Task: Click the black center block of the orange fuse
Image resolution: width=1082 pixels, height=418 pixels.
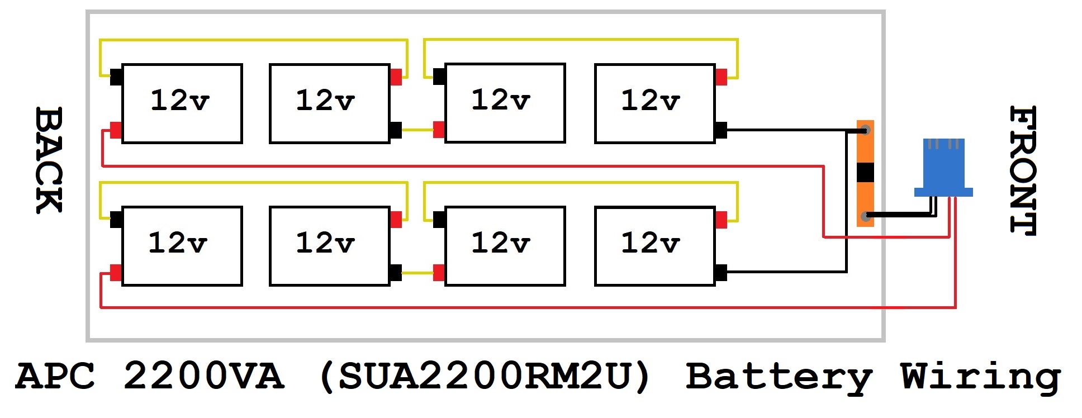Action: pyautogui.click(x=865, y=173)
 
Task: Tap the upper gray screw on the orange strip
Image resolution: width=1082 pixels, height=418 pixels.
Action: pyautogui.click(x=866, y=131)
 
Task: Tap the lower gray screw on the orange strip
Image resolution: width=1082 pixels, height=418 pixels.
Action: pyautogui.click(x=866, y=216)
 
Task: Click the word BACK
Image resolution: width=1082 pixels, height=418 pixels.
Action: pyautogui.click(x=49, y=160)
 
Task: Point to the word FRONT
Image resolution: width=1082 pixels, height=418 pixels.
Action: pyautogui.click(x=1023, y=170)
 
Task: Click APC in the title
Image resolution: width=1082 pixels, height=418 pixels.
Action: pyautogui.click(x=55, y=376)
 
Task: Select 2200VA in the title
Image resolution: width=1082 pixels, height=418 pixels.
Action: pyautogui.click(x=204, y=376)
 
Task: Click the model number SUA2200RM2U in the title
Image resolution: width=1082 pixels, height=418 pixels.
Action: pyautogui.click(x=485, y=376)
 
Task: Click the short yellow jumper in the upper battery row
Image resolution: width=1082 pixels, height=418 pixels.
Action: pyautogui.click(x=417, y=130)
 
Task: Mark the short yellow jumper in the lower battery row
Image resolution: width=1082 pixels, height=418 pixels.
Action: pyautogui.click(x=417, y=273)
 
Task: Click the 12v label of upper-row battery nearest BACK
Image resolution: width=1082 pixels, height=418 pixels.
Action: pyautogui.click(x=180, y=101)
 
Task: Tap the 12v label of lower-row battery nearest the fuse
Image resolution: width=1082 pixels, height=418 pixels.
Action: pyautogui.click(x=651, y=243)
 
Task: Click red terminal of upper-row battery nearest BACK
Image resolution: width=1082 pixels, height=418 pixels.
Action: pyautogui.click(x=116, y=130)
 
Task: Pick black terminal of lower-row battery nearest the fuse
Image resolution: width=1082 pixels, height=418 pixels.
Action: pyautogui.click(x=721, y=273)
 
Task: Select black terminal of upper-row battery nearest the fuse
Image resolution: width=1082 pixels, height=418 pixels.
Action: pyautogui.click(x=721, y=130)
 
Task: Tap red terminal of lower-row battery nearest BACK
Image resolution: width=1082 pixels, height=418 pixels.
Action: pyautogui.click(x=116, y=273)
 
